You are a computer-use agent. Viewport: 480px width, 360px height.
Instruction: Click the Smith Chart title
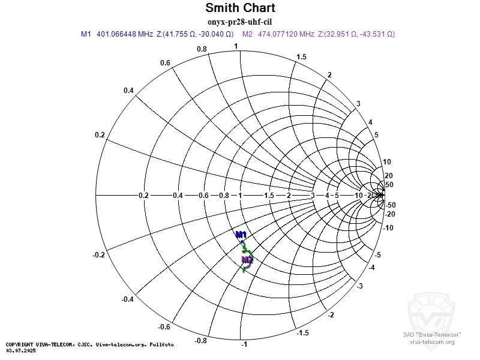[x=240, y=8]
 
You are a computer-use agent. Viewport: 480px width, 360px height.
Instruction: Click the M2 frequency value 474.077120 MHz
[x=286, y=34]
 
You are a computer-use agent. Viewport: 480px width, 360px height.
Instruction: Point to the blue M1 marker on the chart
[x=241, y=234]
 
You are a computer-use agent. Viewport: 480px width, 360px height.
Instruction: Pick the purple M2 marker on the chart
[x=247, y=260]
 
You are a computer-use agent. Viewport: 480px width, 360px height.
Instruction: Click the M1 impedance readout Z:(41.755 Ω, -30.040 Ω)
[x=195, y=34]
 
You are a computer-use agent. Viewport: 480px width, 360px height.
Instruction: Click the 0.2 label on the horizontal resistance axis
[x=143, y=196]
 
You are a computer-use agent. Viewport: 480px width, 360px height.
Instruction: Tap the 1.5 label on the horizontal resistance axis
[x=269, y=196]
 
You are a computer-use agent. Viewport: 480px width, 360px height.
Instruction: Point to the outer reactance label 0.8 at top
[x=202, y=49]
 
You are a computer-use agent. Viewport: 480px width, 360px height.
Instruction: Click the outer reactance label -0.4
[x=128, y=299]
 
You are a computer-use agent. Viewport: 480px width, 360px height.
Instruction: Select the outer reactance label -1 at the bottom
[x=244, y=344]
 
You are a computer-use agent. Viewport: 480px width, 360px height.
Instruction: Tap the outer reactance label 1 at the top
[x=236, y=46]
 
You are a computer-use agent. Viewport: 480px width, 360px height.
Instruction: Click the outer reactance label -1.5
[x=304, y=333]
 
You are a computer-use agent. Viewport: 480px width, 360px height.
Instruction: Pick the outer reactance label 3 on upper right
[x=358, y=104]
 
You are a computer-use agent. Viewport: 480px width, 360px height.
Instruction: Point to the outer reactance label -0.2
[x=100, y=255]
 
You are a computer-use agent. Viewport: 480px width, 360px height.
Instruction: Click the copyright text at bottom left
[x=90, y=344]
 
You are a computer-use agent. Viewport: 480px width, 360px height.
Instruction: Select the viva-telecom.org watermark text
[x=432, y=341]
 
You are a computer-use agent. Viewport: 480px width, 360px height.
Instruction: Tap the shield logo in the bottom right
[x=432, y=312]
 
